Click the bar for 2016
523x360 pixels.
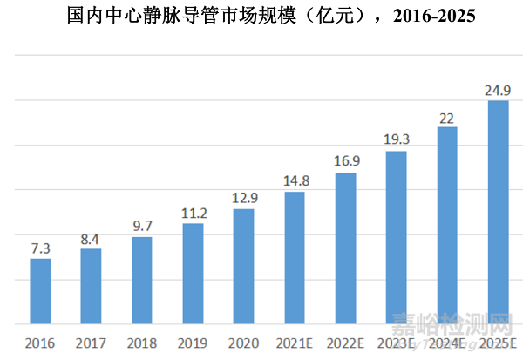pos(40,291)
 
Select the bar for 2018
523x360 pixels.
pos(142,280)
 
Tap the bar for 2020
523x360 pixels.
pos(244,266)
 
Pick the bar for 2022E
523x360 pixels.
pos(345,248)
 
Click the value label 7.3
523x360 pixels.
pos(40,248)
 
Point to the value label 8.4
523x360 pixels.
pos(91,238)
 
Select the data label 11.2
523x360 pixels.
pos(193,213)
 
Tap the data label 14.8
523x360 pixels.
pos(295,180)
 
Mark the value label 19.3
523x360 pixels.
pos(396,139)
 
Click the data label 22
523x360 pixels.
pos(447,116)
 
